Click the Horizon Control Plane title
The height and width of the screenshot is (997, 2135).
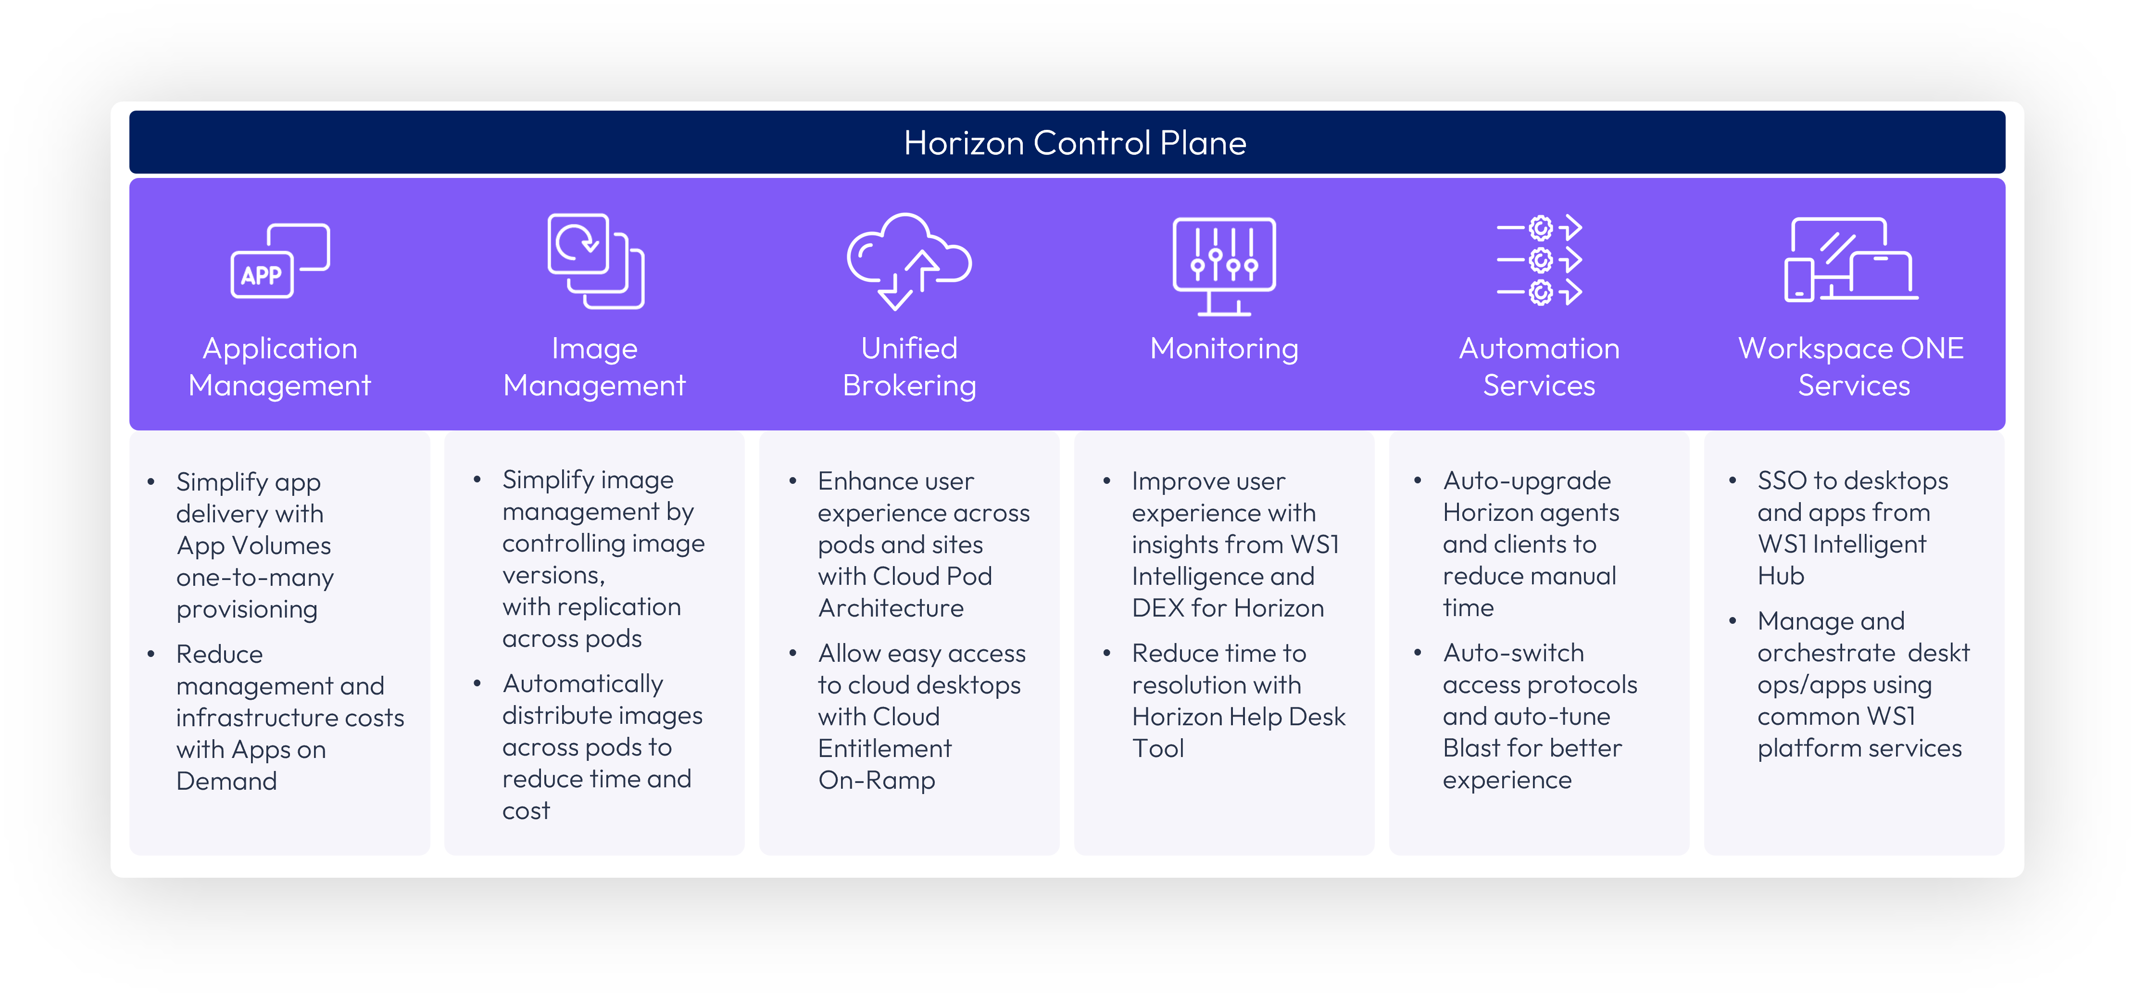pyautogui.click(x=1075, y=142)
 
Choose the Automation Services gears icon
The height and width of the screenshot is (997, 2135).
pyautogui.click(x=1539, y=260)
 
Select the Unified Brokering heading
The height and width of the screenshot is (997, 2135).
pyautogui.click(x=909, y=367)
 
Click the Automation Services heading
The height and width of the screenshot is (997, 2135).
pyautogui.click(x=1539, y=367)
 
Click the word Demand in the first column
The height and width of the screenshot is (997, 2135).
pyautogui.click(x=226, y=781)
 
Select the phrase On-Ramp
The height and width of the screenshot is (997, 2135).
pyautogui.click(x=877, y=781)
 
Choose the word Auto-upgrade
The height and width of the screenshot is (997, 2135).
pyautogui.click(x=1527, y=480)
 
